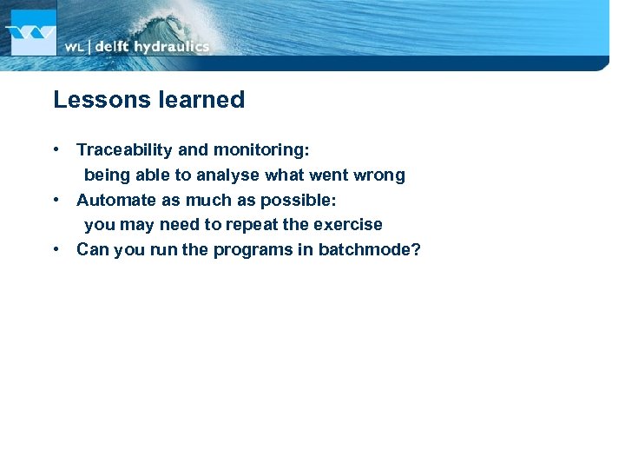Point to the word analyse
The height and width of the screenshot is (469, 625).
point(228,175)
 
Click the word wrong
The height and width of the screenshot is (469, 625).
point(379,175)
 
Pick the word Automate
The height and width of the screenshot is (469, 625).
point(114,200)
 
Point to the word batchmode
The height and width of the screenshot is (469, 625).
point(370,250)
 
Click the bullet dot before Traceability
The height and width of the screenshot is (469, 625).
point(56,150)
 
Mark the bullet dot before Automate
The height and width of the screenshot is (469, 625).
point(56,200)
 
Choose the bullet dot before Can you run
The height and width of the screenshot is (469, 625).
point(56,250)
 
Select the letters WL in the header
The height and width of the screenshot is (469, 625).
point(75,47)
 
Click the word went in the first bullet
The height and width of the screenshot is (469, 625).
point(329,175)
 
